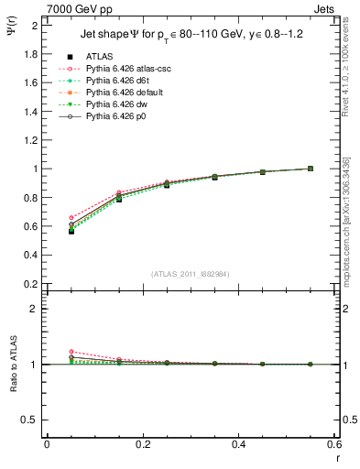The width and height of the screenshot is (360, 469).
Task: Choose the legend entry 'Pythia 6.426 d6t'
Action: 115,80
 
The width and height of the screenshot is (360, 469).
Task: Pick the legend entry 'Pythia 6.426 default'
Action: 122,92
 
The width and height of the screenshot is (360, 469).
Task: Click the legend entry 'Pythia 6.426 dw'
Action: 115,104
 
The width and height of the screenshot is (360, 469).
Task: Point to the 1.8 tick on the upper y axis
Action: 32,54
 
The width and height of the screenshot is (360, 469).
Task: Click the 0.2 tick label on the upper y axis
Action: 32,284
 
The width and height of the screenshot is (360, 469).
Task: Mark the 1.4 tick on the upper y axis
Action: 32,112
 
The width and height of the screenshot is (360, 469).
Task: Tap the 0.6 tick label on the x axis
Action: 334,444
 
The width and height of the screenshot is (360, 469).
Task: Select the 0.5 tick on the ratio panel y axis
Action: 32,420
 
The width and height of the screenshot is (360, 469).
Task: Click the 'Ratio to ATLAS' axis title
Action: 12,367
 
